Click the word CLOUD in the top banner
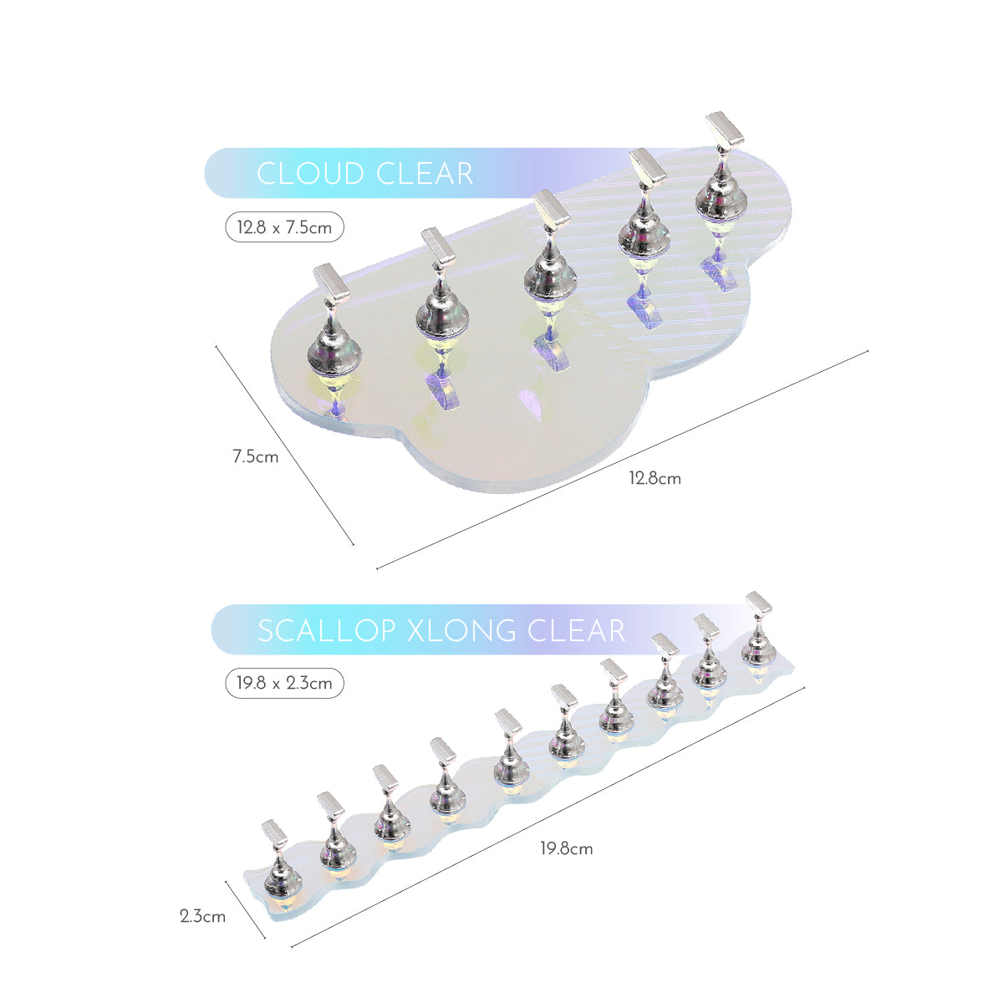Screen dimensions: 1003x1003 310,173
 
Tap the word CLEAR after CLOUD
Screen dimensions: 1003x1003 425,173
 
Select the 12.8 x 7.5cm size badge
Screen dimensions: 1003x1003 284,227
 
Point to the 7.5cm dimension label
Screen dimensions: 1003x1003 255,457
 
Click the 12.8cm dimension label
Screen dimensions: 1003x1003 654,478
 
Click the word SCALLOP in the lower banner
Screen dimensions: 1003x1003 326,630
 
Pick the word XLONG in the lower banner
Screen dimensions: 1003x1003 461,630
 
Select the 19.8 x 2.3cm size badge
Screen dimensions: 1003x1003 284,683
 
